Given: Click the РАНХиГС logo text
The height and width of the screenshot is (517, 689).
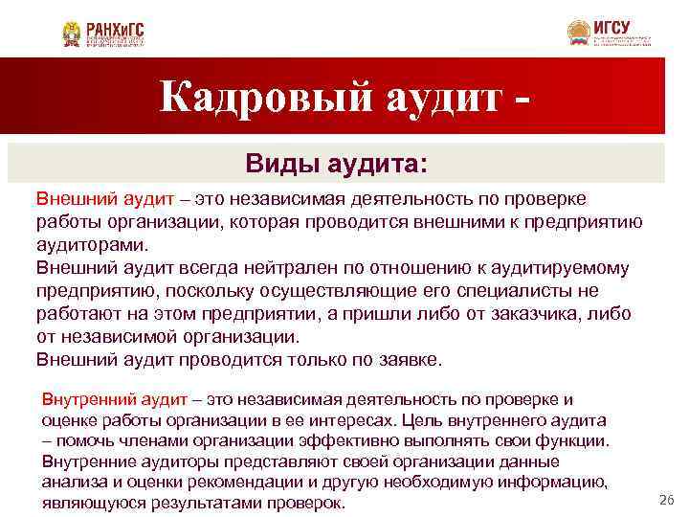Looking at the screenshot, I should point(115,30).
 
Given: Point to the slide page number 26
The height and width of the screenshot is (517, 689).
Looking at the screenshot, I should point(667,500).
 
